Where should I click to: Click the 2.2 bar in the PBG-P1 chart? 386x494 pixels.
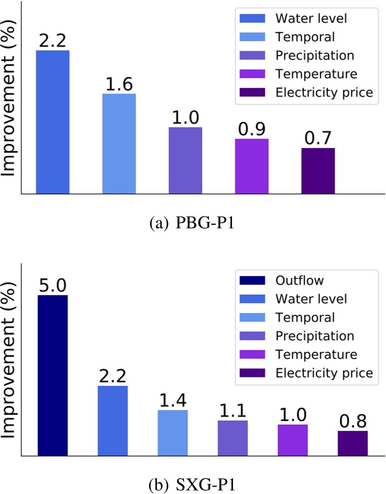(53, 122)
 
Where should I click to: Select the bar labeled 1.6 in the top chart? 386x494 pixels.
(119, 143)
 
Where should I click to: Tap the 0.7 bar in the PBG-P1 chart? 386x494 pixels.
(318, 170)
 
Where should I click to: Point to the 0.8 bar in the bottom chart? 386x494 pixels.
(353, 443)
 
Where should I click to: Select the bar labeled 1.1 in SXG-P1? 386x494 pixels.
(233, 437)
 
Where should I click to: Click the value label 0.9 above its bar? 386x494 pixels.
(251, 129)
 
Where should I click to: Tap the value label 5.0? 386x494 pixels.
(53, 285)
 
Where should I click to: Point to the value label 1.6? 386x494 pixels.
(119, 84)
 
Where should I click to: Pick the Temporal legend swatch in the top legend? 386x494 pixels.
(252, 37)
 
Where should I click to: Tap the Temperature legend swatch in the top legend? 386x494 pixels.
(252, 74)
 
